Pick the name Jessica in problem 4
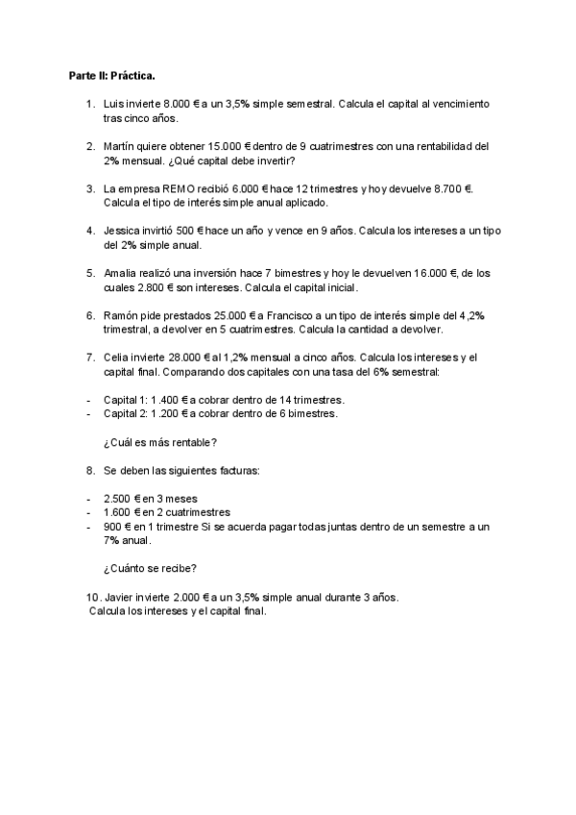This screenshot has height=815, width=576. (x=123, y=232)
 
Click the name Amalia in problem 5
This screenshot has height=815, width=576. (x=122, y=275)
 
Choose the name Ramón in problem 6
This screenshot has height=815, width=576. (x=121, y=316)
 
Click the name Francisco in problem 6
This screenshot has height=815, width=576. (x=284, y=316)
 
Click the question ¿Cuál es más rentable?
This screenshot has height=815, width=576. (x=158, y=442)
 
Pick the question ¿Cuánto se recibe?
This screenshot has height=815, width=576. (x=156, y=567)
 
